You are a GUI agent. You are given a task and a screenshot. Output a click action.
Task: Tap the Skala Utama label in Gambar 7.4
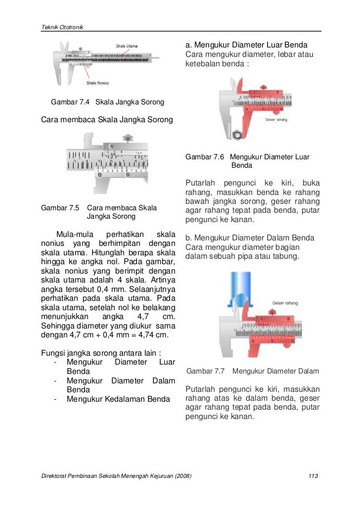[x=127, y=46]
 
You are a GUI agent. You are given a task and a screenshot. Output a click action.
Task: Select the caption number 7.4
[x=84, y=102]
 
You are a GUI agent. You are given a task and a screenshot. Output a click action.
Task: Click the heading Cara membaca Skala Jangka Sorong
[x=106, y=119]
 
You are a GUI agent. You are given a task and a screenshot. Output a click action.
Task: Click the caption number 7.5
[x=73, y=208]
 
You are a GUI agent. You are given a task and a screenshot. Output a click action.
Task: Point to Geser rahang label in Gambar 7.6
[x=276, y=119]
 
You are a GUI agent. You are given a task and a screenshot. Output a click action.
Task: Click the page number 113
[x=312, y=476]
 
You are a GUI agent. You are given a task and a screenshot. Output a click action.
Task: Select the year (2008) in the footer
[x=181, y=476]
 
